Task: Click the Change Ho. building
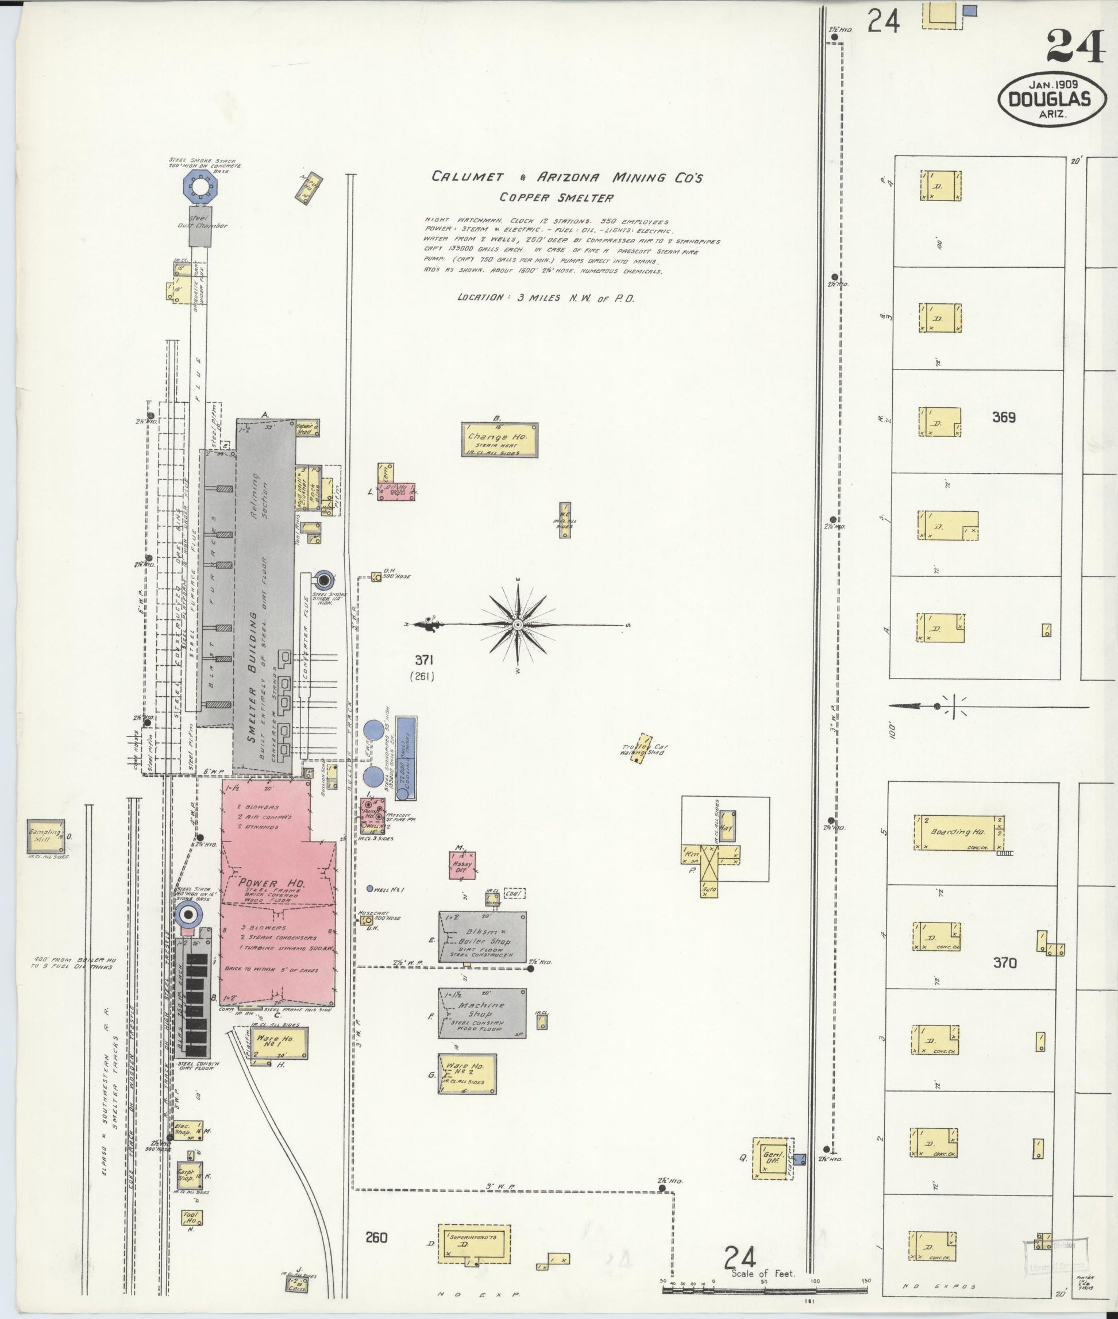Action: (499, 439)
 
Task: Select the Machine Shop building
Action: (481, 1013)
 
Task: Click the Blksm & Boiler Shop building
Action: (481, 936)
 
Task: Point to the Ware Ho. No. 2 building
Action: (467, 1074)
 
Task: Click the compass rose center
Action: (518, 625)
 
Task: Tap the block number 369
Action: (1003, 418)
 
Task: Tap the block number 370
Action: (1005, 963)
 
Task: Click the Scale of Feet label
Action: (762, 1274)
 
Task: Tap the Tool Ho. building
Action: (191, 1217)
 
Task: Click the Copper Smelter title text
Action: (557, 198)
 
